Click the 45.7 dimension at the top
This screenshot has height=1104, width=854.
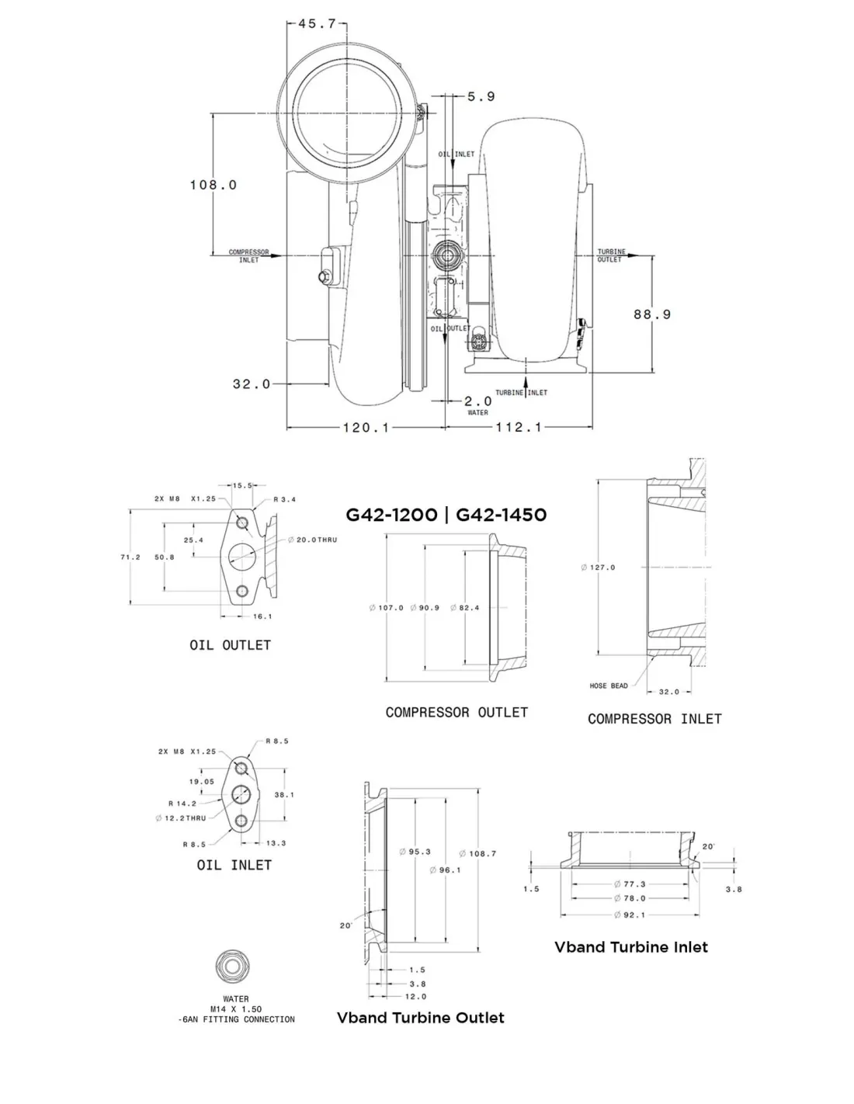coord(317,23)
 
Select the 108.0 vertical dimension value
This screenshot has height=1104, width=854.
coord(213,185)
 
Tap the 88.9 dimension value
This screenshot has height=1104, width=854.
coord(652,314)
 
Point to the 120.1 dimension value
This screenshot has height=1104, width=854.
coord(366,428)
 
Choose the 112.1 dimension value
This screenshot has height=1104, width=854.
coord(519,427)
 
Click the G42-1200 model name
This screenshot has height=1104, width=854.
coord(391,516)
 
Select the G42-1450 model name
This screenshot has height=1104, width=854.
coord(501,516)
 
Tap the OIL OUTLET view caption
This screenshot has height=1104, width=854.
coord(230,645)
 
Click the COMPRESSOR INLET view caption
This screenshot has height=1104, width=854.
coord(654,719)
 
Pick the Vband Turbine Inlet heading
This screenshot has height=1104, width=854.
coord(631,947)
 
